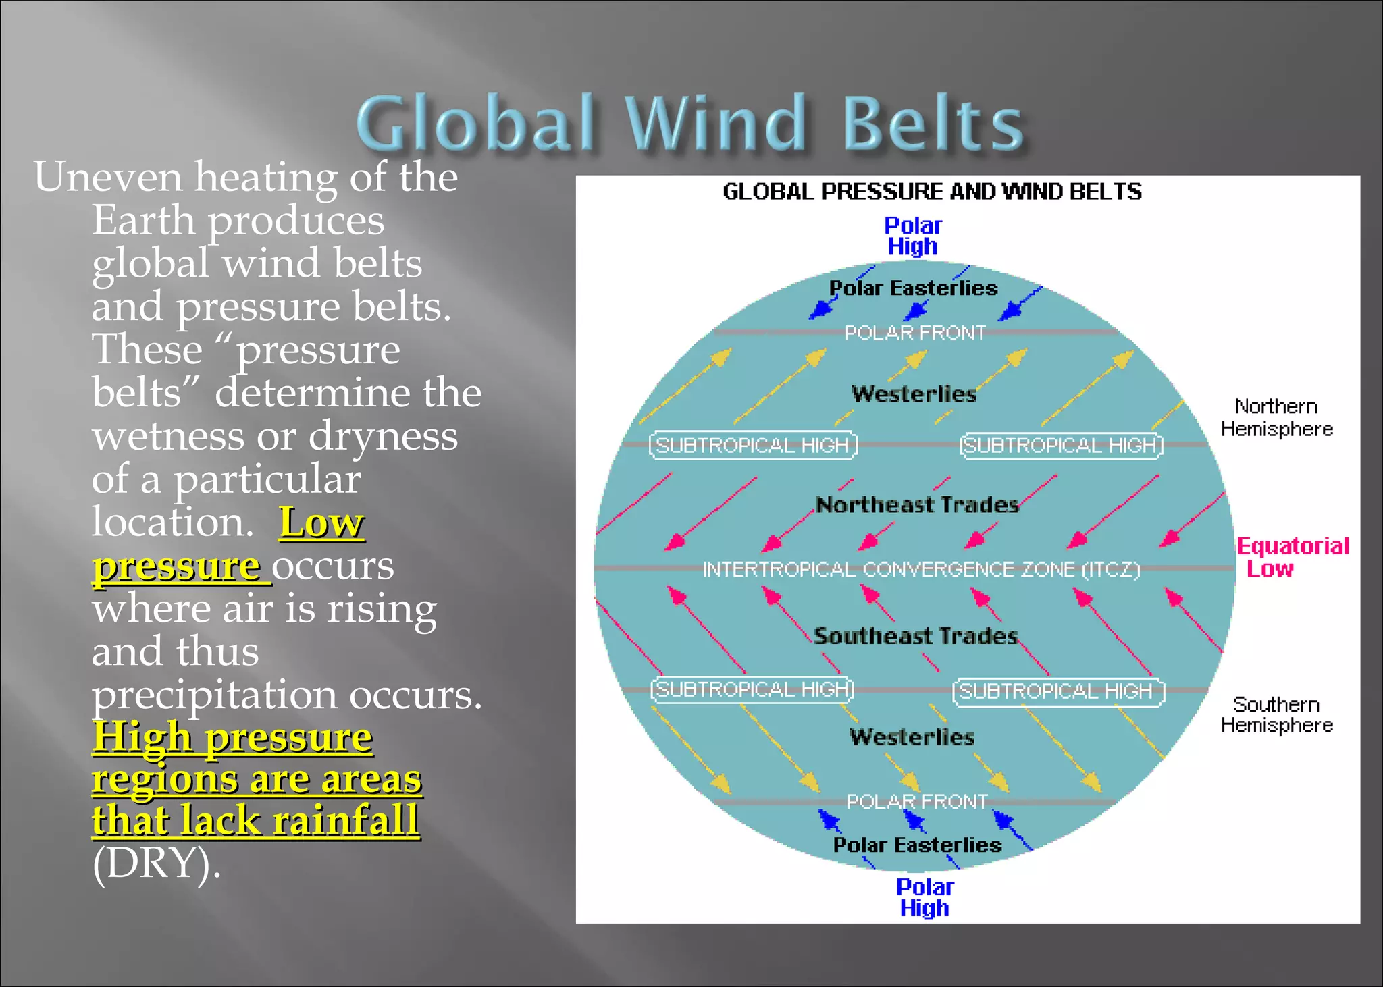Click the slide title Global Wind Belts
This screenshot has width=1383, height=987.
690,123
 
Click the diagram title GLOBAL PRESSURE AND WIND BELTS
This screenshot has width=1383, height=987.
932,192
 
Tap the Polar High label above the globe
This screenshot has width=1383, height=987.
912,236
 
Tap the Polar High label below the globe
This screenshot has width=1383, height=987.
924,897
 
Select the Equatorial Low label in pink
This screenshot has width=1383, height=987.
1291,557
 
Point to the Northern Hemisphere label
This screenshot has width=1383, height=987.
1276,417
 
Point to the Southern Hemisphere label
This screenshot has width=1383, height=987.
1276,714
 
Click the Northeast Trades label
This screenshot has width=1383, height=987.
916,505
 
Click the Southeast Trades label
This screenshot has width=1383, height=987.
915,636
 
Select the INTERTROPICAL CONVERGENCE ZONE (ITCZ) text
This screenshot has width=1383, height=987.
921,570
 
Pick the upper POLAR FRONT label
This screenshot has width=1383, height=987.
915,333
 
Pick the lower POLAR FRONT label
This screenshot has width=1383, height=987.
917,801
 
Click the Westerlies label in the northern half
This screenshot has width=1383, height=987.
914,394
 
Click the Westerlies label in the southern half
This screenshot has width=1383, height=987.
912,737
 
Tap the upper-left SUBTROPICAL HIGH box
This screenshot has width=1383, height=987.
753,446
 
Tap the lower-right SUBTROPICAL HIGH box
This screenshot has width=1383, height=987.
1058,692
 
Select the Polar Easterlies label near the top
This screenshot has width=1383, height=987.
913,288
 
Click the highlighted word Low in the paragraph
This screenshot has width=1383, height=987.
321,523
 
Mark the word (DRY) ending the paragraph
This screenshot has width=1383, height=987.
156,863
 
